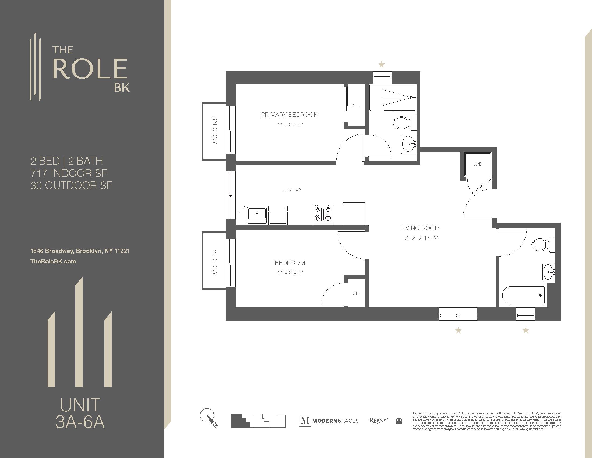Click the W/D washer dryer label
tap(478, 164)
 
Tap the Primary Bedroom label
tap(290, 114)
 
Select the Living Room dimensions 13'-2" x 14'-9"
tap(420, 238)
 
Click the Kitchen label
tap(292, 189)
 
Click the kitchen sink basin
tap(257, 214)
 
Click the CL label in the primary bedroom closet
tap(355, 106)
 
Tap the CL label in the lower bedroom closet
tap(355, 294)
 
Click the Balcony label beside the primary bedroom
tap(215, 130)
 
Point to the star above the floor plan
tap(381, 65)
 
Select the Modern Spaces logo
tap(329, 421)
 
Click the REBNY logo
tap(378, 421)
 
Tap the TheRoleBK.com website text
tap(53, 262)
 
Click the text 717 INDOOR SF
tap(69, 173)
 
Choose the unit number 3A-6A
tap(80, 422)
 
